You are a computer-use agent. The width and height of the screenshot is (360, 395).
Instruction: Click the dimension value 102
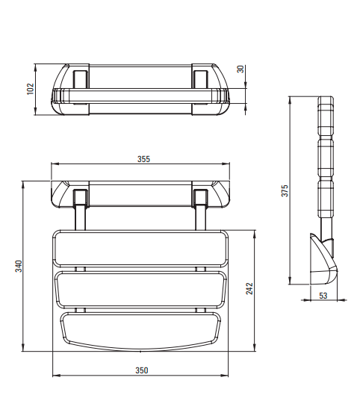(x=31, y=89)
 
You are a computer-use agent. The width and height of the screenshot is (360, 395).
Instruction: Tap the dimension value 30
(x=240, y=69)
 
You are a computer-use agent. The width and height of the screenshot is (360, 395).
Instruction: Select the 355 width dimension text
(x=143, y=159)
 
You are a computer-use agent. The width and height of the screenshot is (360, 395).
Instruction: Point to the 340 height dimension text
(x=19, y=266)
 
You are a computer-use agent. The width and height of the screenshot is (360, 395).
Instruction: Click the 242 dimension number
(x=249, y=288)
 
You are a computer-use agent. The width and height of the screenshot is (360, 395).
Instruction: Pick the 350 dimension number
(x=142, y=370)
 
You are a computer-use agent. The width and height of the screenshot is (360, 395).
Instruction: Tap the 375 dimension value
(x=285, y=190)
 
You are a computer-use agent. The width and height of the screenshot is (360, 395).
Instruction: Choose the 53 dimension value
(x=323, y=296)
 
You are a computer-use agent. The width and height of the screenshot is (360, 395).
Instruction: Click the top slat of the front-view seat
(x=140, y=249)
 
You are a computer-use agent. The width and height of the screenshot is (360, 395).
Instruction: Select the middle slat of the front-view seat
(x=140, y=290)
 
